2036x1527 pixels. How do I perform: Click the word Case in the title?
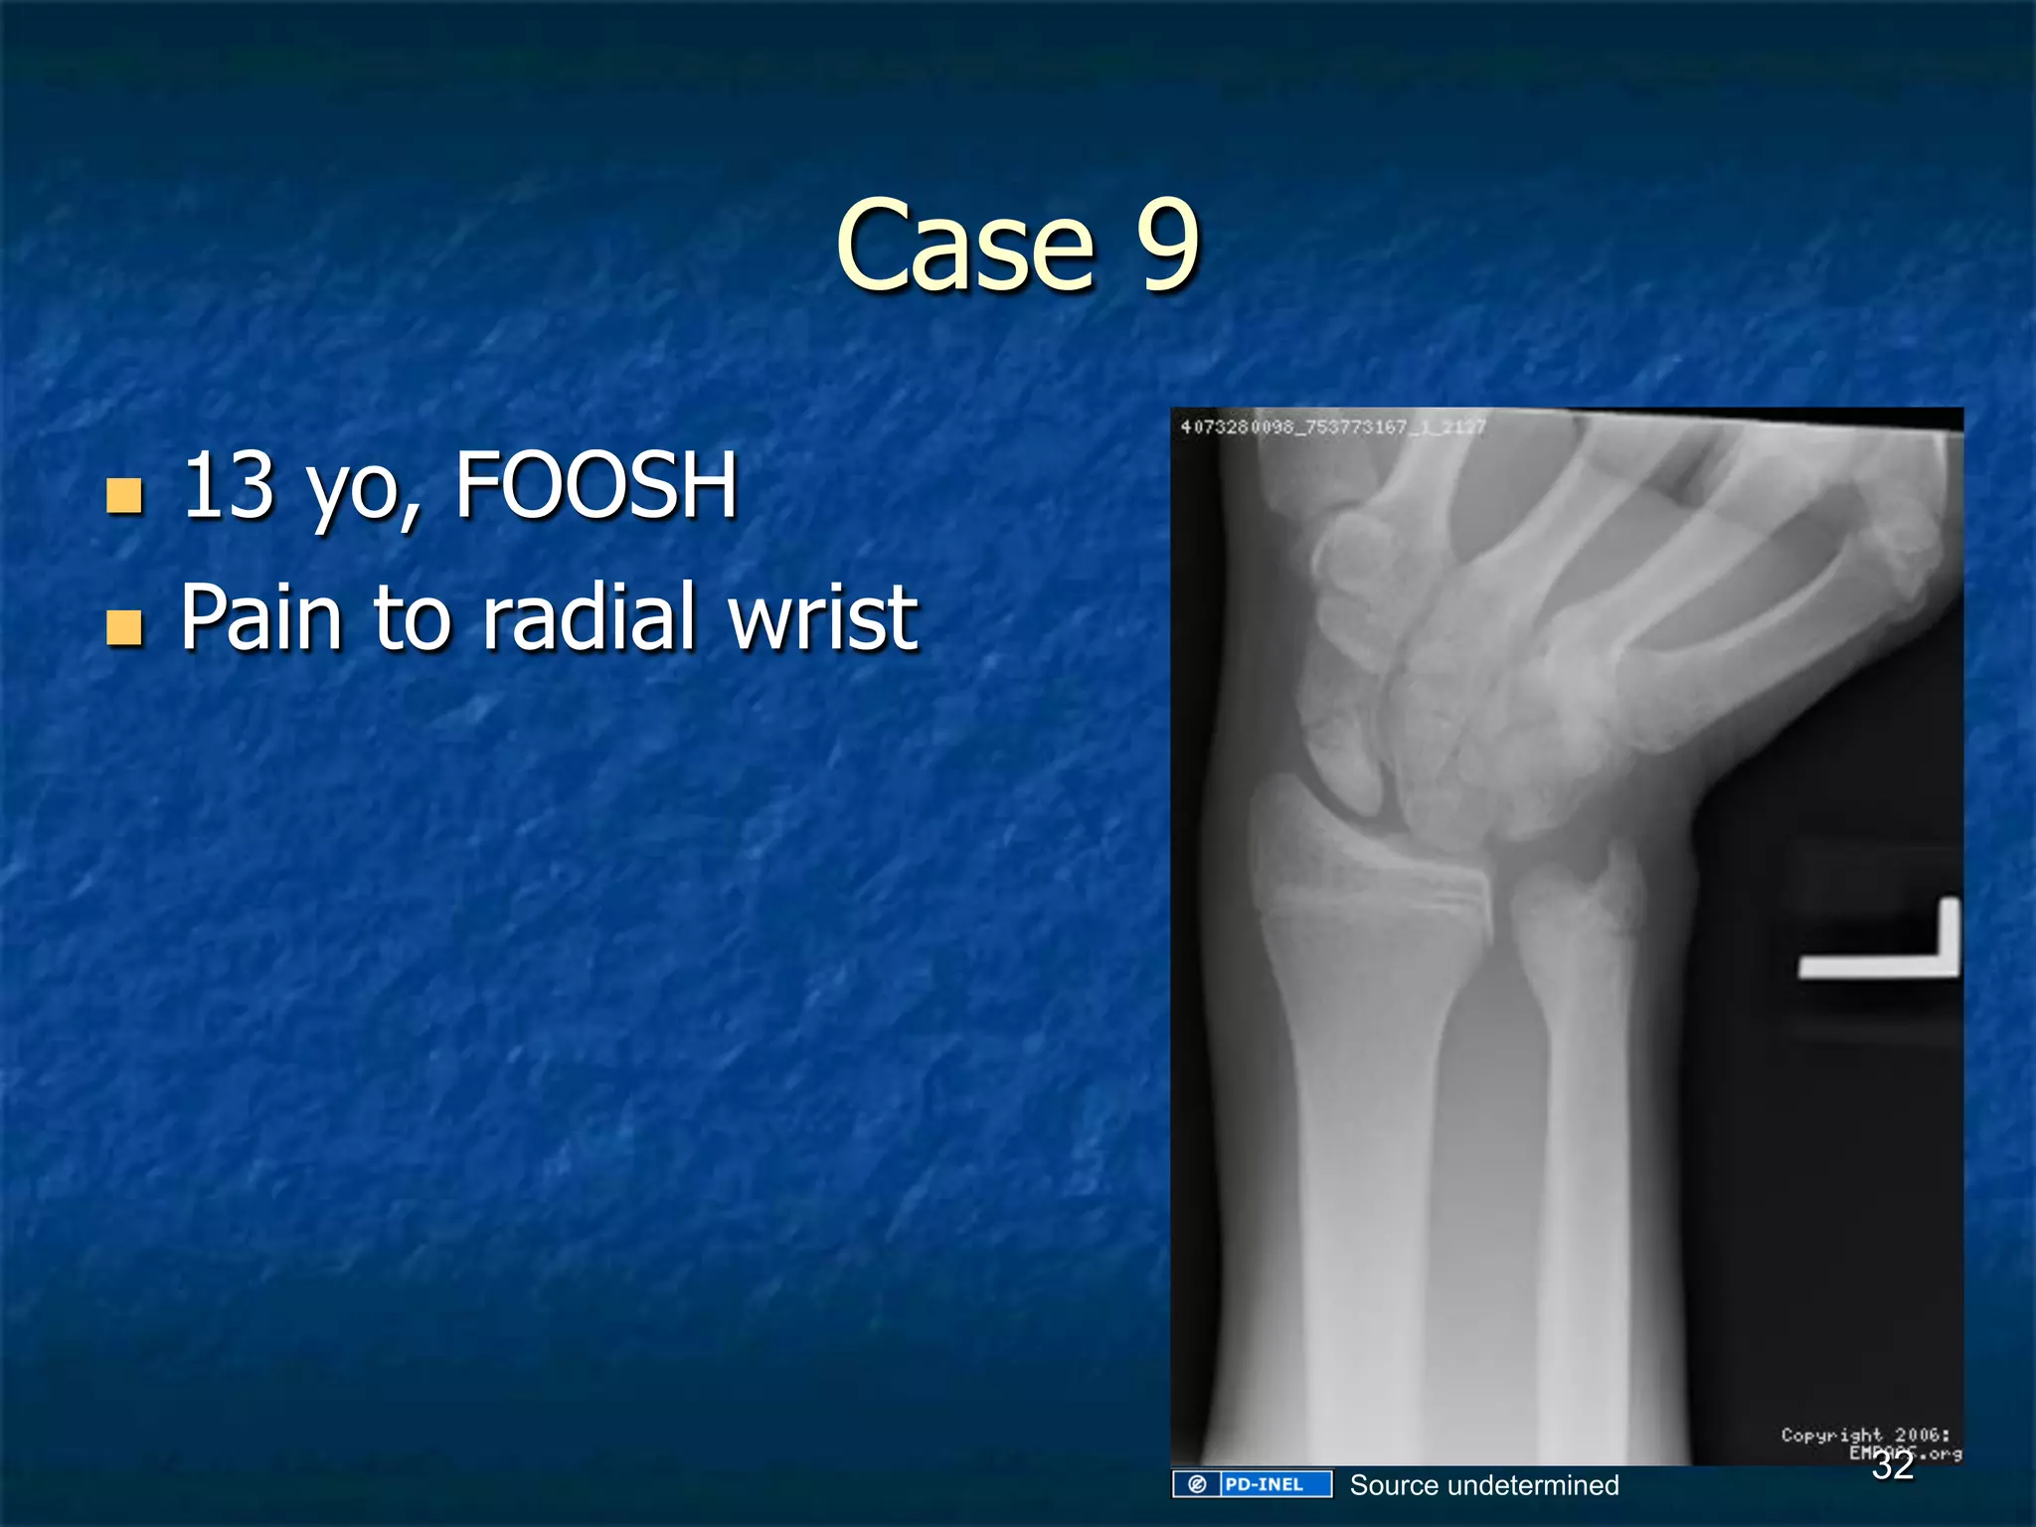click(964, 247)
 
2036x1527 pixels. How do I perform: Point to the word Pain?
click(261, 618)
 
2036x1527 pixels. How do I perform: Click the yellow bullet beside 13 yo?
click(124, 495)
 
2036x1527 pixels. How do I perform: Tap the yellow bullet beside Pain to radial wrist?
click(124, 628)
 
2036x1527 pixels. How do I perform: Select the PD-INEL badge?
click(1253, 1484)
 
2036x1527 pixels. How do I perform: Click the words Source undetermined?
click(1484, 1485)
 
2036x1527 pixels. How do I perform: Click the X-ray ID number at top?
click(1332, 427)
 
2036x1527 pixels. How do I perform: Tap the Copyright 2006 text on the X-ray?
click(1865, 1435)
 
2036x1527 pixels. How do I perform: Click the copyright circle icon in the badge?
click(1197, 1484)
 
